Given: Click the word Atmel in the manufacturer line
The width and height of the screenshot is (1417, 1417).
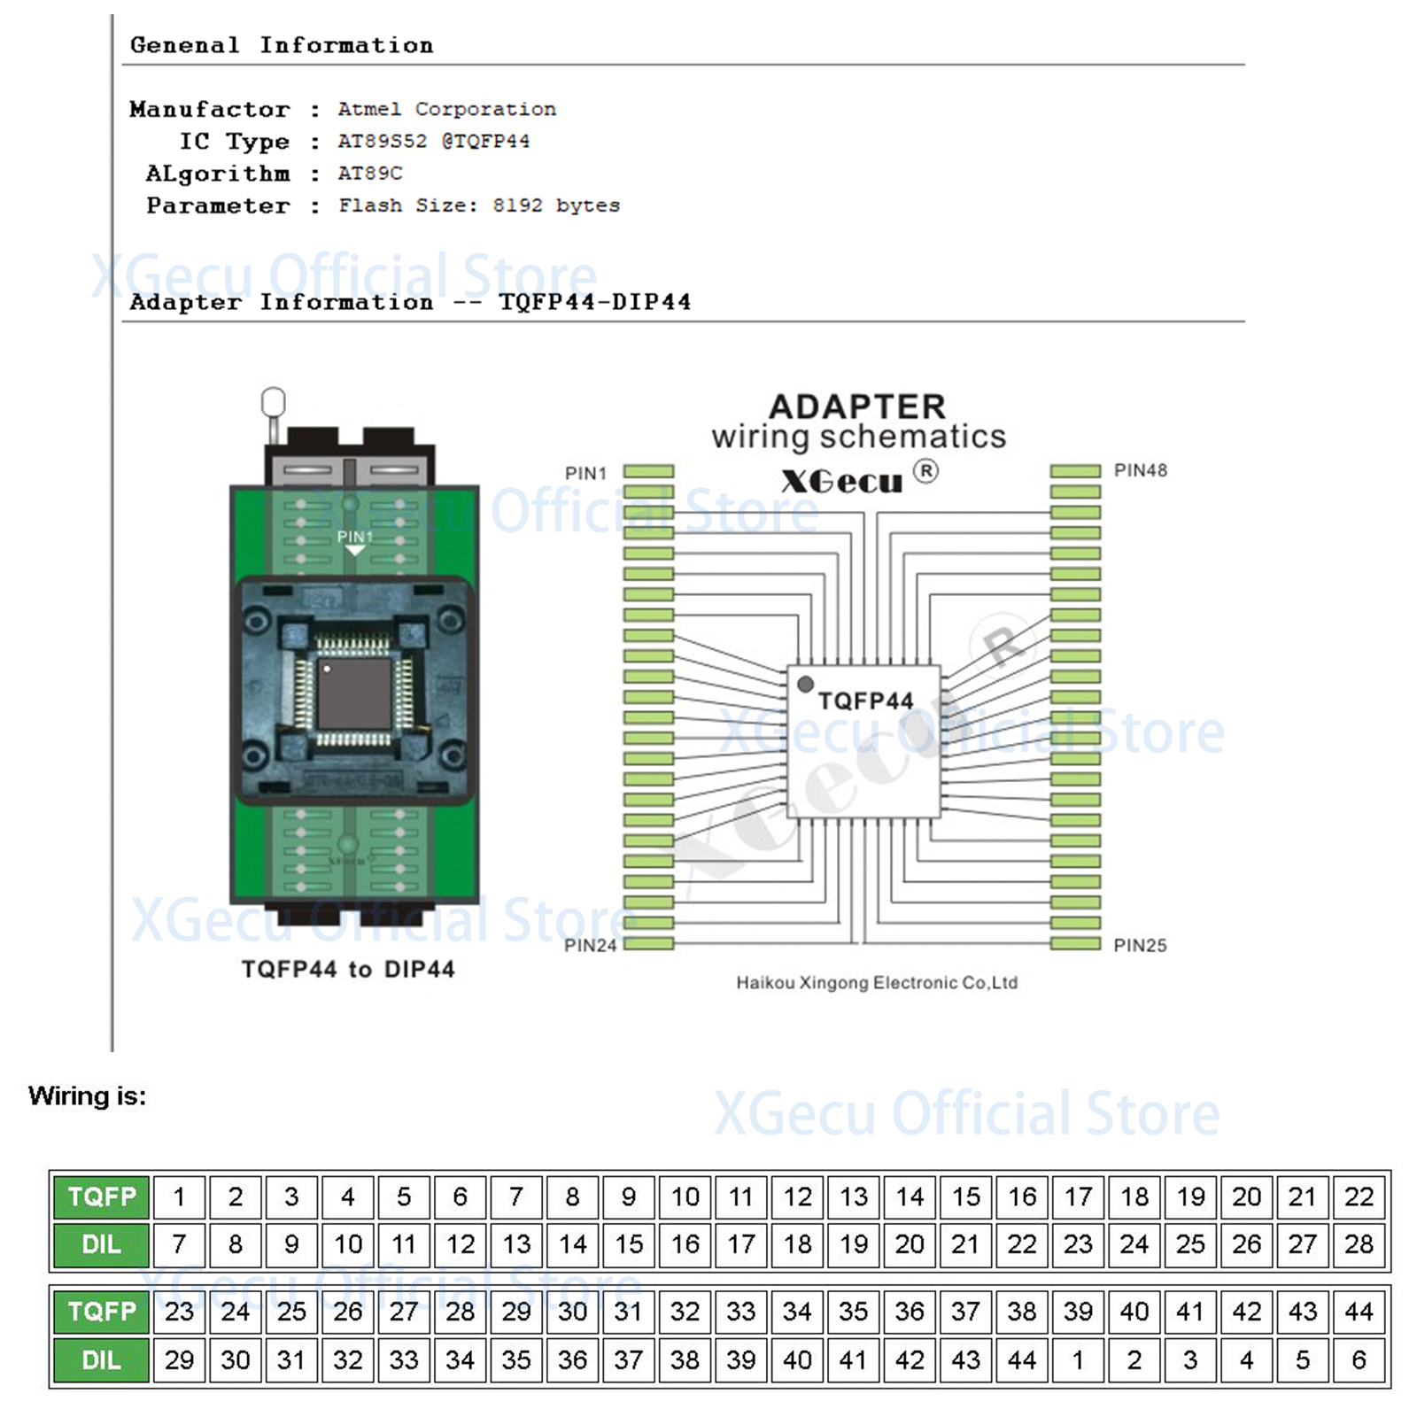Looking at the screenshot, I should [x=368, y=109].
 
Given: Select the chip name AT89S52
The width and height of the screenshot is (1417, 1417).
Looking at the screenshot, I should [x=382, y=141].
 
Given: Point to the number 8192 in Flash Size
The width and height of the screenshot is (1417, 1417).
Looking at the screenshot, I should [x=517, y=205].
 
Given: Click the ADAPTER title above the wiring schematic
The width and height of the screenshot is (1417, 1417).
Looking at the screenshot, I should [x=856, y=407].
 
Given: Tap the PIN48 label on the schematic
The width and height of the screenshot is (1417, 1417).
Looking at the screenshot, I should [x=1140, y=470].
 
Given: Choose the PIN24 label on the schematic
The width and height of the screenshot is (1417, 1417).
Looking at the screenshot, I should [x=590, y=945].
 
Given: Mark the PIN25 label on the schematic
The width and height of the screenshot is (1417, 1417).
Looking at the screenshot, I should [x=1140, y=945].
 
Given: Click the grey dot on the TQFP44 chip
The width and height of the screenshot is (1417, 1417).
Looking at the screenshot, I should [x=805, y=684].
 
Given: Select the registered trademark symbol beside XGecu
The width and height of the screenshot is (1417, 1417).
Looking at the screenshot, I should [x=925, y=470].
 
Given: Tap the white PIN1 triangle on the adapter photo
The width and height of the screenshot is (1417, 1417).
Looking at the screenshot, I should [x=355, y=551].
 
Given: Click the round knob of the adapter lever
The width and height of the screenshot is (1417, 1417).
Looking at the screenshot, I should [x=274, y=401].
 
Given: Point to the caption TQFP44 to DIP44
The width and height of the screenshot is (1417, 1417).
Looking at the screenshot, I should [x=348, y=969].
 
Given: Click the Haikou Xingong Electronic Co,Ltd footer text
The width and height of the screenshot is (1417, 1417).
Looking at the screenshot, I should [x=877, y=982].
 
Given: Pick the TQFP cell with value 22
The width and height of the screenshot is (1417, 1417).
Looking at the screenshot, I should [x=1359, y=1196].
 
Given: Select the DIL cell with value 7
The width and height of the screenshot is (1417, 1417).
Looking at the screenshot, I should [x=179, y=1244].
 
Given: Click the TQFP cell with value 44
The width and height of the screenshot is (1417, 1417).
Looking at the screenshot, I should [x=1359, y=1311].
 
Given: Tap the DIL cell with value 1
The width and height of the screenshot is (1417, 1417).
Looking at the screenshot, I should [x=1078, y=1359].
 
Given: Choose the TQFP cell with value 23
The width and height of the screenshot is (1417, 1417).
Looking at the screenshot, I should [x=179, y=1311].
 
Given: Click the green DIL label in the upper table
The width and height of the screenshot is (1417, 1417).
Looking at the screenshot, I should [x=101, y=1244].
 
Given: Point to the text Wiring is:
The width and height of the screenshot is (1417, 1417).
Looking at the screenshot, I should [x=87, y=1096].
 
